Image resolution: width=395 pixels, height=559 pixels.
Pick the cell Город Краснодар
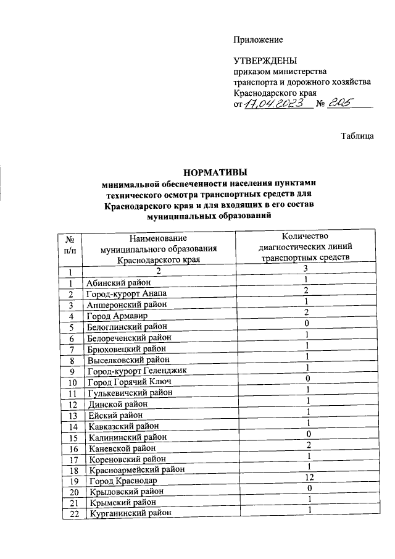point(122,481)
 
